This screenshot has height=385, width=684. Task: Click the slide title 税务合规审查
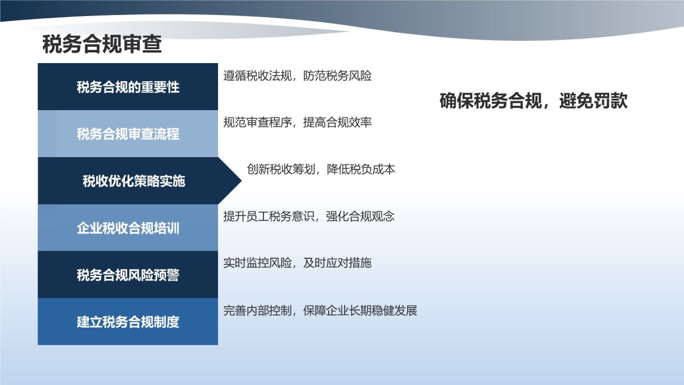[102, 45]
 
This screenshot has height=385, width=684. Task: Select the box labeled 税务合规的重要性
[128, 87]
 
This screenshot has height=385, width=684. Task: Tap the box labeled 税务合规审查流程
[128, 134]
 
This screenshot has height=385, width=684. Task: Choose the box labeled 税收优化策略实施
[134, 181]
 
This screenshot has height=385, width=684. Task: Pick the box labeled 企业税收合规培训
[128, 228]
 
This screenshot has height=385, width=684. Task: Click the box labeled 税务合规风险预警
[128, 275]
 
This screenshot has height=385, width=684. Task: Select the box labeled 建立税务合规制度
[128, 322]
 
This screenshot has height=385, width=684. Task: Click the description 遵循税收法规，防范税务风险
[297, 76]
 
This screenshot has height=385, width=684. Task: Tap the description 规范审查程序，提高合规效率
[297, 122]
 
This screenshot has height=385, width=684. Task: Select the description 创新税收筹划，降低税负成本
[321, 170]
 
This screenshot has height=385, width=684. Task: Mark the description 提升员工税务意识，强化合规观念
[309, 217]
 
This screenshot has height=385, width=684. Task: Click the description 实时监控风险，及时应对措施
[297, 263]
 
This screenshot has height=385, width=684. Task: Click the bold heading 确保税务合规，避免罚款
[533, 101]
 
